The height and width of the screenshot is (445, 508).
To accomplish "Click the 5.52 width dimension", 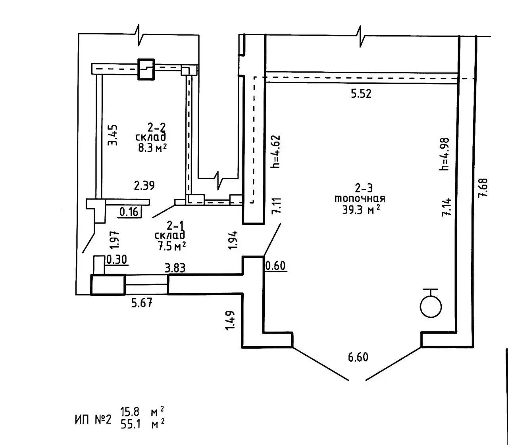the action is click(361, 94).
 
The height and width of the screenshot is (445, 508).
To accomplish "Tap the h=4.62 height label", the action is click(276, 152).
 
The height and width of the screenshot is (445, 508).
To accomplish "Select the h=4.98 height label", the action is click(444, 154).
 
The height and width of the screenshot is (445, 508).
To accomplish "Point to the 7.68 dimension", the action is click(483, 188).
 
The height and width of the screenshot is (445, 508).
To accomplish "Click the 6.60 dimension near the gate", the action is click(358, 357).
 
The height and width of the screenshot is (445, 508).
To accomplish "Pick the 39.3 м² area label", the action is click(361, 210).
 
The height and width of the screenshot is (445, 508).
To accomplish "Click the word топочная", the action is click(360, 199).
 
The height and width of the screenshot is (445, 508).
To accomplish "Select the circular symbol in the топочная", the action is click(431, 307).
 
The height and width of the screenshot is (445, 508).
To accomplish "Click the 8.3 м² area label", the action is click(152, 148).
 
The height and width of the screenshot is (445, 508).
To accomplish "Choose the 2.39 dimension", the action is click(144, 186).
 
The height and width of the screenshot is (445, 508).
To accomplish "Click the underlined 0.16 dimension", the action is click(129, 212).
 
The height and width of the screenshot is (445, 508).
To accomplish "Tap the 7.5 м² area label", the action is click(171, 246).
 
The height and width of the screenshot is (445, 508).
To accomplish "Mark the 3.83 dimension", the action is click(175, 268).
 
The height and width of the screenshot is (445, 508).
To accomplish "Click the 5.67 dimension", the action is click(142, 303).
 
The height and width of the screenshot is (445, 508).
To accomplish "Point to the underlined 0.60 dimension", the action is click(275, 266).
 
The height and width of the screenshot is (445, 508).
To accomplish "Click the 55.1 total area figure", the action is click(131, 424).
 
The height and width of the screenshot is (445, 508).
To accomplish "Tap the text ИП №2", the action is click(93, 420).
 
